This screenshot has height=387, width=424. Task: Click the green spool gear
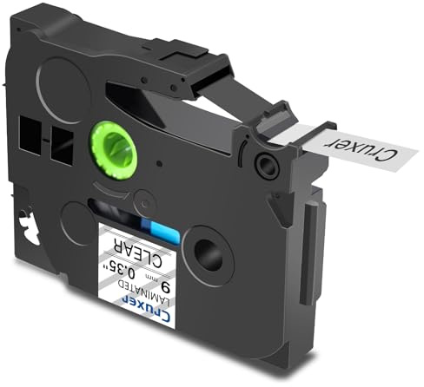(x=114, y=150)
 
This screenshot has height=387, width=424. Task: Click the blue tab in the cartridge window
(x=160, y=229)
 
